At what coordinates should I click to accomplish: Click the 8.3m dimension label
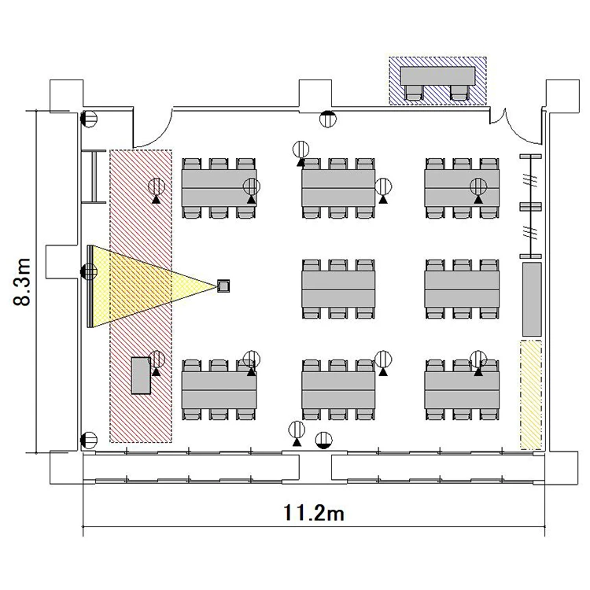coord(21,282)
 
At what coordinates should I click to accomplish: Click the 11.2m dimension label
coord(313,513)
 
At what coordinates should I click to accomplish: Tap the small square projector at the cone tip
coord(223,286)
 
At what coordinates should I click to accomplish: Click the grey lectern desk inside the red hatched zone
coord(141,375)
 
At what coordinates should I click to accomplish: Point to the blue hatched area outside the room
coord(437,80)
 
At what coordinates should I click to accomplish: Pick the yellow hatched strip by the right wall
coord(531,395)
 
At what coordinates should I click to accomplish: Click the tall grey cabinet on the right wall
coord(532,299)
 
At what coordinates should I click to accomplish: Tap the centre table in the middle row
coord(338,289)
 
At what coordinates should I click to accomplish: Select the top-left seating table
coord(219,188)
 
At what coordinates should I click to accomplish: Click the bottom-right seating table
coord(462,390)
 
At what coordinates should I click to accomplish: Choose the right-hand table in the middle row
coord(462,289)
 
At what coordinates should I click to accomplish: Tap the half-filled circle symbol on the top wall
coord(328,119)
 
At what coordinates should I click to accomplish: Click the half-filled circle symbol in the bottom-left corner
coord(89,441)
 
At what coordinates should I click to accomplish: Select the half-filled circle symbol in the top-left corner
coord(89,119)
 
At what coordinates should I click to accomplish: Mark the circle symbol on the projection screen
coord(89,271)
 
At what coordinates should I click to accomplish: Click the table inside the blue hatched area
coord(437,76)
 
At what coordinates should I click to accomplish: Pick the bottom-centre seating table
coord(338,390)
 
